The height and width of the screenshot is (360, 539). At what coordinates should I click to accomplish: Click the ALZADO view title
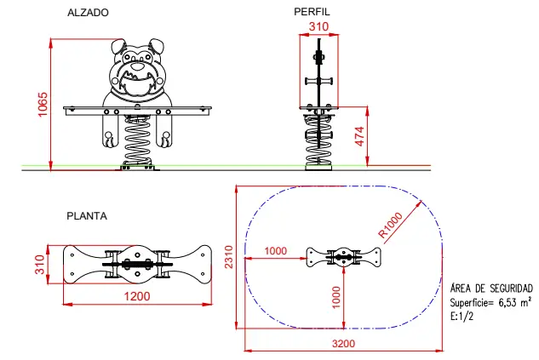(x=87, y=14)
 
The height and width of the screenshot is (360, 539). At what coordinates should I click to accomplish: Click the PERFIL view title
(x=312, y=12)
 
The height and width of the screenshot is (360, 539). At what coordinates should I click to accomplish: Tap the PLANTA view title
(x=87, y=216)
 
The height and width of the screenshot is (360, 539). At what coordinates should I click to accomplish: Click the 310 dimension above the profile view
(x=318, y=27)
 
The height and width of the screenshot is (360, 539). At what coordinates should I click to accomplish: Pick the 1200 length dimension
(x=137, y=297)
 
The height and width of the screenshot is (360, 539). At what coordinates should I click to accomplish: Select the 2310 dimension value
(x=228, y=256)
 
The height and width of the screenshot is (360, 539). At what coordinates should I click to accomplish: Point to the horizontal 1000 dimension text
(x=275, y=250)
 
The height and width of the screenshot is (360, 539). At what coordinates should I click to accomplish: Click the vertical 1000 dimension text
(x=335, y=295)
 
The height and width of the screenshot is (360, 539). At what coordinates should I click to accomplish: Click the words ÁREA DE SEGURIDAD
(x=491, y=289)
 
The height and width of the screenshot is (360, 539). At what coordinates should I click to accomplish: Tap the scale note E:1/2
(x=462, y=315)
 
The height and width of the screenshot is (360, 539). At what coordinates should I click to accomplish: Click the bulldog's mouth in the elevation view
(x=137, y=82)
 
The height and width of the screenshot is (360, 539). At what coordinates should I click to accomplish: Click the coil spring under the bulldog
(x=137, y=140)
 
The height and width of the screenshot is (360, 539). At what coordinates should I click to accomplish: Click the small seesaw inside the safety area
(x=343, y=256)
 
